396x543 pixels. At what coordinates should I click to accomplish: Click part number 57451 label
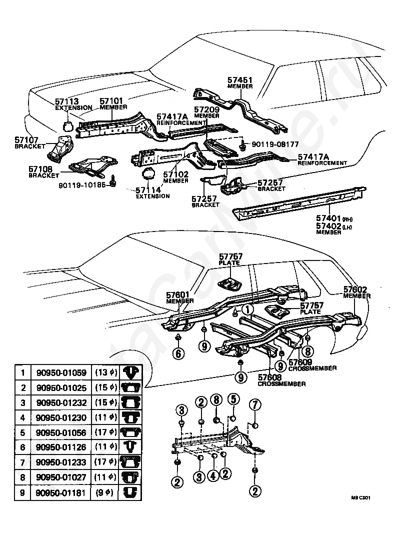[x=240, y=79]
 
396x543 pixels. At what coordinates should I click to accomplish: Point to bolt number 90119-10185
[x=85, y=183]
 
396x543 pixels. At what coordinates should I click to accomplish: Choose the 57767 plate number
[x=230, y=256]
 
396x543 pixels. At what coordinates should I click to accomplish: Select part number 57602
[x=355, y=289]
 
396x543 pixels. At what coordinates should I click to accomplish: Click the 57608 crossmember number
[x=270, y=378]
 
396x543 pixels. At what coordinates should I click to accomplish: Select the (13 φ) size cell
[x=105, y=372]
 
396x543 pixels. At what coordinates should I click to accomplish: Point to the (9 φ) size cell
[x=105, y=493]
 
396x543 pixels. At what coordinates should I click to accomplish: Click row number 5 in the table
[x=22, y=432]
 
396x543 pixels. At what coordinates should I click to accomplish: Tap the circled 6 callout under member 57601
[x=178, y=354]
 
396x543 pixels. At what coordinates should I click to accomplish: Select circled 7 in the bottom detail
[x=255, y=403]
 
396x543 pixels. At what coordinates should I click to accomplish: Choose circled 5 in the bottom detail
[x=233, y=398]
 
